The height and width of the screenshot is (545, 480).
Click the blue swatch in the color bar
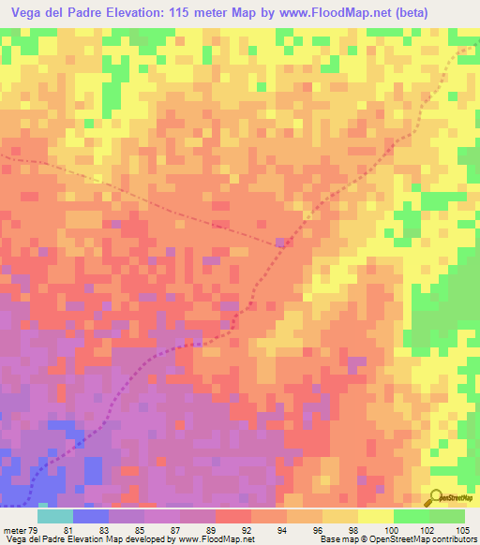pyautogui.click(x=90, y=516)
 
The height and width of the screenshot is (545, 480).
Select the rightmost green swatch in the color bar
pyautogui.click(x=447, y=516)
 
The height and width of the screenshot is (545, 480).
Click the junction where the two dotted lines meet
pyautogui.click(x=281, y=244)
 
